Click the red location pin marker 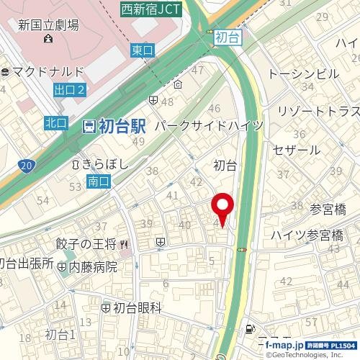click(x=222, y=207)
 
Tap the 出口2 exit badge click(x=69, y=89)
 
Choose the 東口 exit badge click(x=143, y=50)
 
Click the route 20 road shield click(x=27, y=166)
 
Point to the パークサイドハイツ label click(x=208, y=125)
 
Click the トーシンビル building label click(x=303, y=73)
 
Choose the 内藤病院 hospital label click(x=91, y=266)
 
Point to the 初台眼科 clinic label click(x=136, y=307)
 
